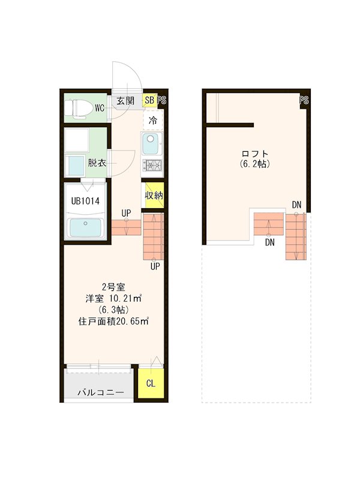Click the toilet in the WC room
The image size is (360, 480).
tap(77, 108)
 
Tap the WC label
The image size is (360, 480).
tap(100, 108)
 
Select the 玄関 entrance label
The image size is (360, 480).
tap(125, 101)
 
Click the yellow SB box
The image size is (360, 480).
tap(149, 101)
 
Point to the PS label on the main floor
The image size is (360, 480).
tap(161, 101)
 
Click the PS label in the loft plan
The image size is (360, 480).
tap(304, 100)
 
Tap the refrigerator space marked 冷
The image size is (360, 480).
tap(153, 121)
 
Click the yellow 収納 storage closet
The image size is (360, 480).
tap(153, 195)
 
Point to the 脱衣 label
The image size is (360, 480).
tap(97, 162)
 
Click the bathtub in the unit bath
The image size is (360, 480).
tap(85, 228)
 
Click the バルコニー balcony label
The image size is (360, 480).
tap(100, 393)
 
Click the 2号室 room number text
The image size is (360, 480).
tap(113, 287)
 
